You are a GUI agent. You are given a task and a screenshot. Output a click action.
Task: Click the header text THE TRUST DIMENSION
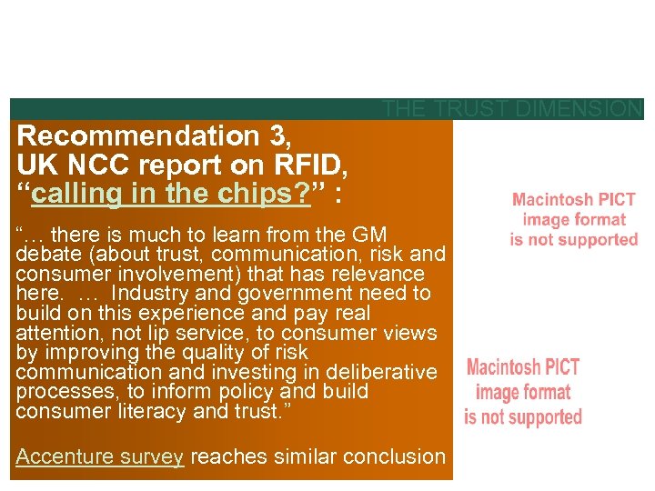point(512,109)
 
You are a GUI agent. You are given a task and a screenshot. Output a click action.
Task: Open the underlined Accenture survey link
point(100,457)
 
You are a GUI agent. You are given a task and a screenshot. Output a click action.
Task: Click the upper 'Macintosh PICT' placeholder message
point(573,219)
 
